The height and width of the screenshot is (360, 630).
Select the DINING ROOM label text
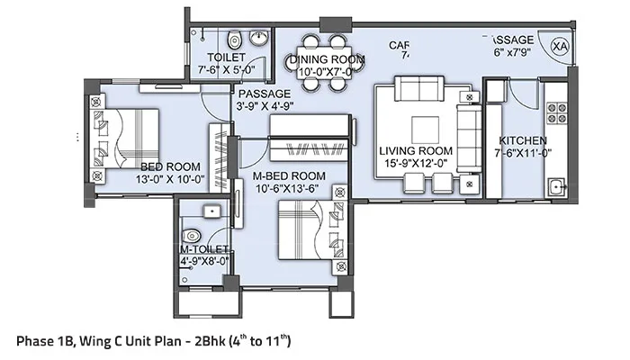(328, 59)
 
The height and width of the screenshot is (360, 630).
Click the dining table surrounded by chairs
(324, 63)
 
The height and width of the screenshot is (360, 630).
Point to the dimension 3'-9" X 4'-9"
(264, 105)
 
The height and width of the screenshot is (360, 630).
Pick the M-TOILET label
(204, 249)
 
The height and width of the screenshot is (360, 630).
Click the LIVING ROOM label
(416, 150)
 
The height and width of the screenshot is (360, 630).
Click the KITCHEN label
(522, 140)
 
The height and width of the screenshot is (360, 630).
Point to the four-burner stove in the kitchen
(557, 112)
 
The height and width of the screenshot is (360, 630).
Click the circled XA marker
(561, 43)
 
